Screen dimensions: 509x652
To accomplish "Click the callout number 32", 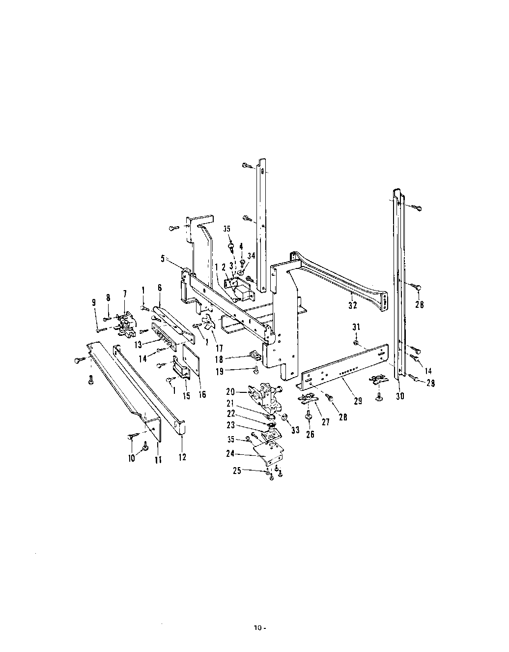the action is coord(353,305).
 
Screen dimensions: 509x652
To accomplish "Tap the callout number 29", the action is coord(358,401).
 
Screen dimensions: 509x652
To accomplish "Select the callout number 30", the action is coord(400,396).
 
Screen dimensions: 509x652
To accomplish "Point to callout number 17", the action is coord(219,348).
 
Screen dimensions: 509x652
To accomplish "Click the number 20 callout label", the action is coord(230,391).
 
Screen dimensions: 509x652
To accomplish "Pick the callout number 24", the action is coord(230,453).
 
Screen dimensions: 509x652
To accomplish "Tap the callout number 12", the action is coord(182,457).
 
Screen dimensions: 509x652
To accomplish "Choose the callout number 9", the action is coord(94,302).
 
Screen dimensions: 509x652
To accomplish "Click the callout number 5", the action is coord(163,258).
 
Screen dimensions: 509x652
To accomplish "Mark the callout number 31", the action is coord(356,327).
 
